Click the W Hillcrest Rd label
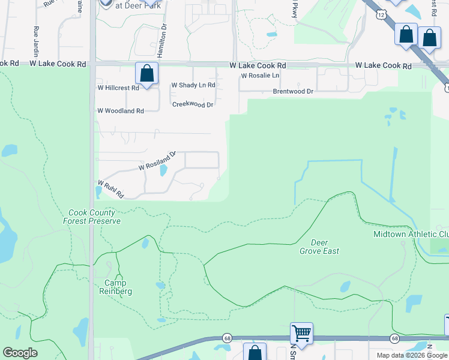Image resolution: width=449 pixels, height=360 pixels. (118, 88)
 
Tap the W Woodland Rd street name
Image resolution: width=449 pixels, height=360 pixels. (121, 111)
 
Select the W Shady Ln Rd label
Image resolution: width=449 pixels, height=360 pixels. (193, 85)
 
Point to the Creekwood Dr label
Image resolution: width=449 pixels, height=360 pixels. (193, 104)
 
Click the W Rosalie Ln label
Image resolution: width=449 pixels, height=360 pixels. (260, 76)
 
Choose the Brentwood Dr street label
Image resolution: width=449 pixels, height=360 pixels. (293, 91)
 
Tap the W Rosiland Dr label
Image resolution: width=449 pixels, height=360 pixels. (157, 160)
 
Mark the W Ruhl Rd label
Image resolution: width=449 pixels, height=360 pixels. (110, 190)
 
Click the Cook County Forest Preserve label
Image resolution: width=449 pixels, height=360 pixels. (95, 217)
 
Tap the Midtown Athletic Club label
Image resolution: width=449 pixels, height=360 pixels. (411, 234)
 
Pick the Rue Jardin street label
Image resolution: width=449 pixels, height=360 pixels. (37, 40)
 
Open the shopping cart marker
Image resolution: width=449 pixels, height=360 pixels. (301, 332)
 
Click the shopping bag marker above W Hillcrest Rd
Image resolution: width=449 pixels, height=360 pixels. (147, 74)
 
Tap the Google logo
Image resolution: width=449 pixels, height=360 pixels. (20, 353)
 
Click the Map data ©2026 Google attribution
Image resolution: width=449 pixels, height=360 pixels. (412, 355)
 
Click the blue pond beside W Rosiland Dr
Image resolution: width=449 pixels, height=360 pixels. (163, 170)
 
